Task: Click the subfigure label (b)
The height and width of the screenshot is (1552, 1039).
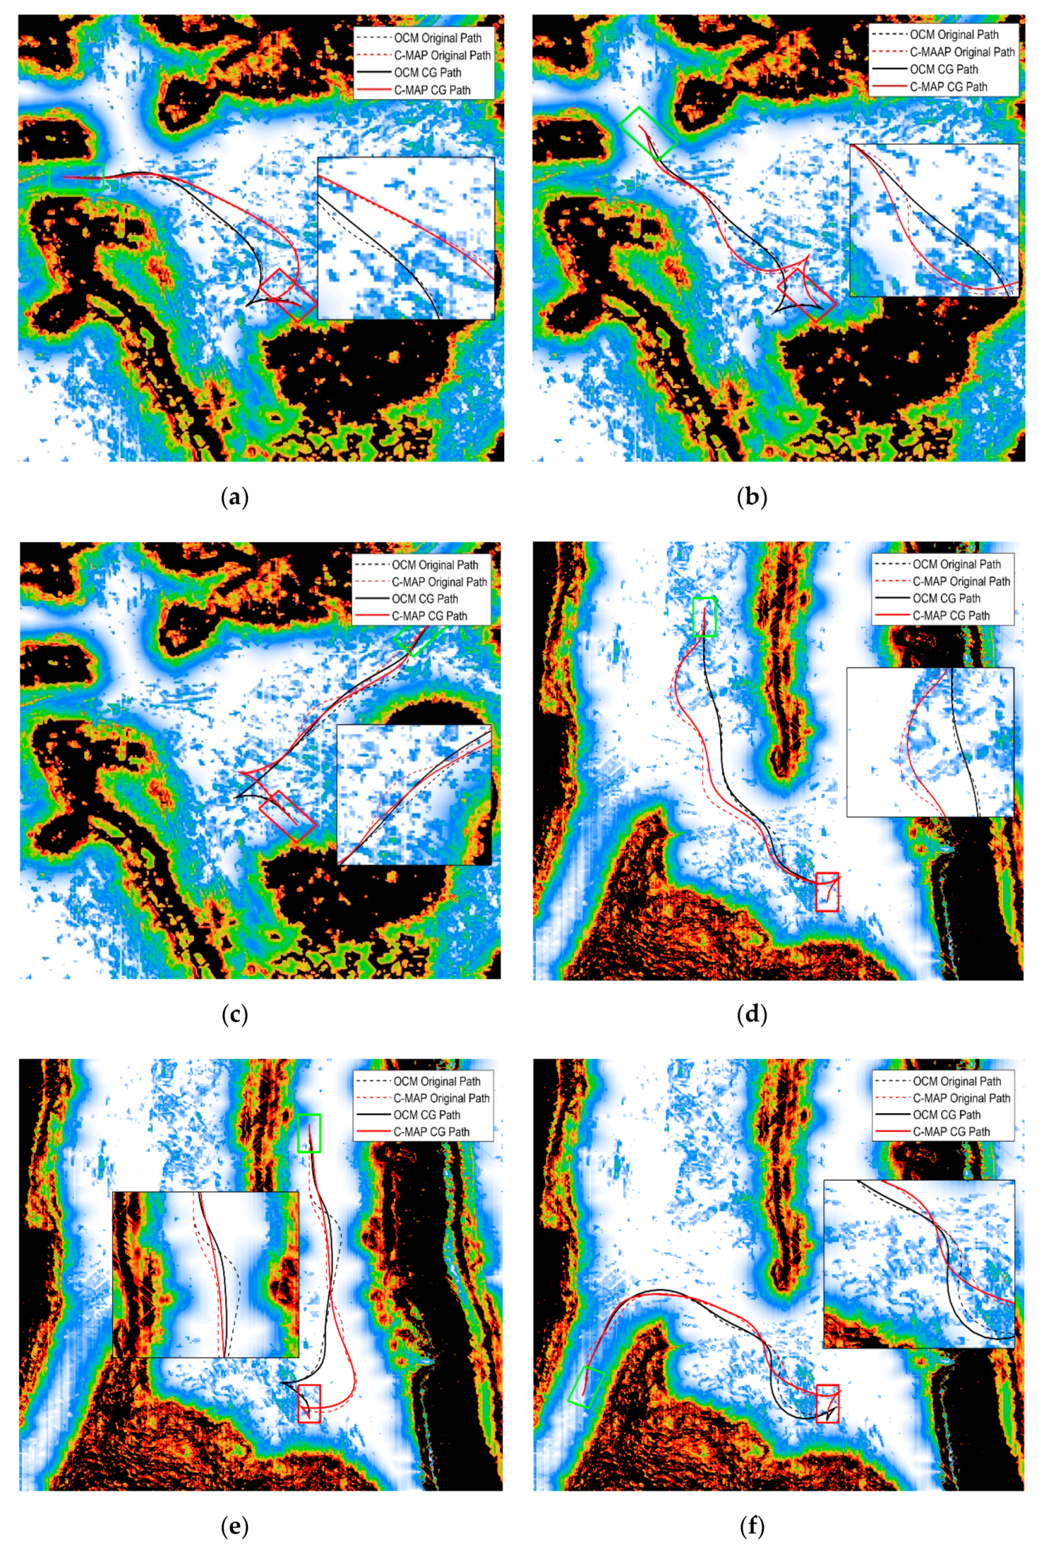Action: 752,497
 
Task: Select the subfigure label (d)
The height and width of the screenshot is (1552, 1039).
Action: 752,1015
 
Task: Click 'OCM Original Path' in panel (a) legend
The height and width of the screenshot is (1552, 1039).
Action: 437,38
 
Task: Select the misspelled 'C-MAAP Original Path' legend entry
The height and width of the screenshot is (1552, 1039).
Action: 962,52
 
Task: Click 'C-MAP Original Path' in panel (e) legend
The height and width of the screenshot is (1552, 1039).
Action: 441,1098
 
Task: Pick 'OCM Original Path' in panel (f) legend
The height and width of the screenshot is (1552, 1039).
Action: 956,1081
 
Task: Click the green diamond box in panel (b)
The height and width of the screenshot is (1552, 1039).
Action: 648,132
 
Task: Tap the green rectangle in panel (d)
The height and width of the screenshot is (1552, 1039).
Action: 704,617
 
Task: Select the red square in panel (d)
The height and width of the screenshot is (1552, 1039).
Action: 827,892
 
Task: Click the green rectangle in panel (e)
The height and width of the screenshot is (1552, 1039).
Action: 309,1133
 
